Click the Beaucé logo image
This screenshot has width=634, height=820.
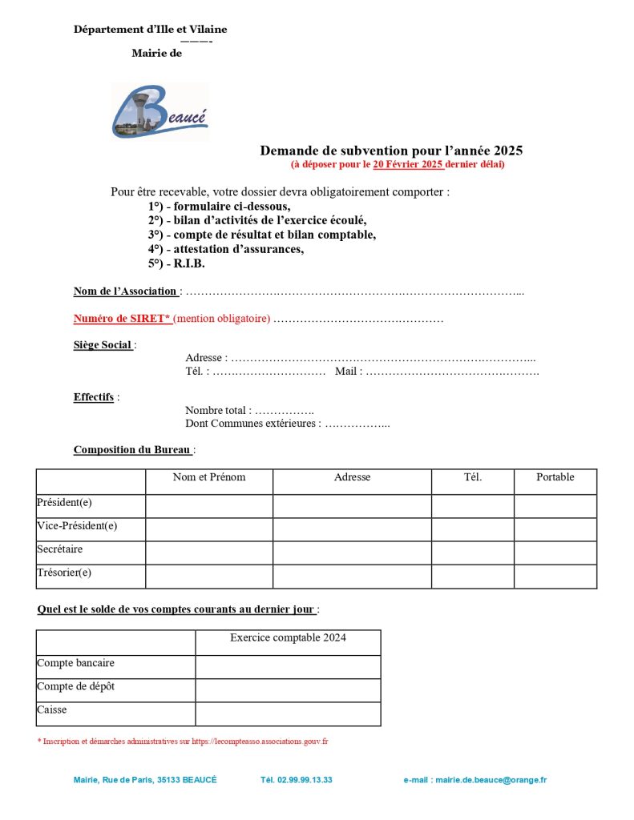click(160, 111)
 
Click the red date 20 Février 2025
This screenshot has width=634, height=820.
click(408, 165)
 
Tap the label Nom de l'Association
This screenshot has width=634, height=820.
click(125, 291)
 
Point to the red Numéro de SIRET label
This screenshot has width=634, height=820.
click(122, 319)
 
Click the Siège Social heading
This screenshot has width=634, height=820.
click(103, 345)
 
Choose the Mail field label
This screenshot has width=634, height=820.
click(348, 372)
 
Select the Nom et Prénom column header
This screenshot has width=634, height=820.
click(209, 477)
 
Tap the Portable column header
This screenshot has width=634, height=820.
click(555, 477)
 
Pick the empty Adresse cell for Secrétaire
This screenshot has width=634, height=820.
click(352, 553)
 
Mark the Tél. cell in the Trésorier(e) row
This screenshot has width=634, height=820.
click(473, 577)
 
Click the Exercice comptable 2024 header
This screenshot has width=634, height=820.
click(288, 638)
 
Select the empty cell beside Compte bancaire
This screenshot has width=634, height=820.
click(288, 667)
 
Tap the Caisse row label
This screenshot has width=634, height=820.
click(52, 710)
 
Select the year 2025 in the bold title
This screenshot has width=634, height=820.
click(508, 151)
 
